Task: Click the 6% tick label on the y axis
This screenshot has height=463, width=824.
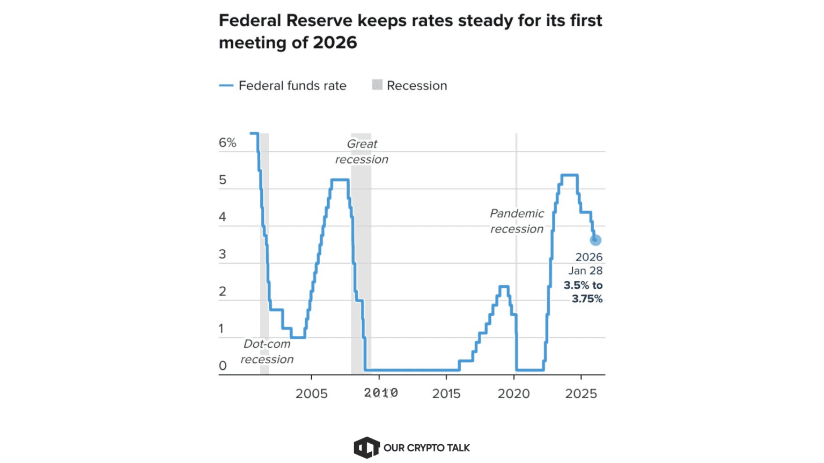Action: point(227,143)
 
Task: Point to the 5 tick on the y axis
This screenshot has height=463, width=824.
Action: point(223,180)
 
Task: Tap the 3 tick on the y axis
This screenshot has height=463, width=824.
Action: point(223,255)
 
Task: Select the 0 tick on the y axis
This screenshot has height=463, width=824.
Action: point(223,366)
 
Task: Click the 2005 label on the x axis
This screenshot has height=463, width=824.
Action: point(311,394)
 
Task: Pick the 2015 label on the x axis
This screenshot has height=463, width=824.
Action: point(446,394)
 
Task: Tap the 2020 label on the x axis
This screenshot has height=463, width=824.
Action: point(513,394)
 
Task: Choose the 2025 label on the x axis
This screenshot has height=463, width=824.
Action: point(581,394)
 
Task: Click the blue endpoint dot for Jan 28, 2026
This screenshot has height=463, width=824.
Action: point(595,240)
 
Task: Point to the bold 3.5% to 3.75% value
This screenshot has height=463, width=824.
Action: point(584,292)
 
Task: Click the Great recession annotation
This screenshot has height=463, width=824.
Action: point(362,152)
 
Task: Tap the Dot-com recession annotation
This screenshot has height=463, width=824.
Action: point(267,352)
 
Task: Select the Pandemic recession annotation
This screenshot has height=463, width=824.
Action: point(517,221)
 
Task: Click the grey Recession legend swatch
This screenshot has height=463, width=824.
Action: point(377,85)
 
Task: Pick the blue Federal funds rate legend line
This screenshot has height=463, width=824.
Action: point(226,86)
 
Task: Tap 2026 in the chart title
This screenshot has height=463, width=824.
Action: point(335,43)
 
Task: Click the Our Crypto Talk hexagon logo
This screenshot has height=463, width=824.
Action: point(366,447)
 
